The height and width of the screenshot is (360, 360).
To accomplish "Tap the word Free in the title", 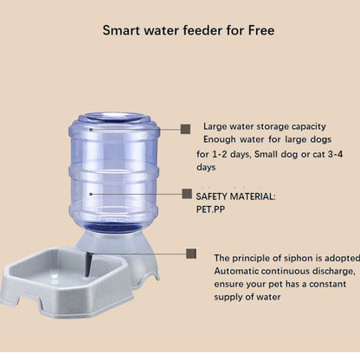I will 259,29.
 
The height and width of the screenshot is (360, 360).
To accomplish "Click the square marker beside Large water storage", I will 185,128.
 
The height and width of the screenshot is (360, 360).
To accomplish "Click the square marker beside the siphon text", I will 191,255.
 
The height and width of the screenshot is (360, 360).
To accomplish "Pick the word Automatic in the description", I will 239,271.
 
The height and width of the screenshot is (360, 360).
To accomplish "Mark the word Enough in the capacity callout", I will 222,139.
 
